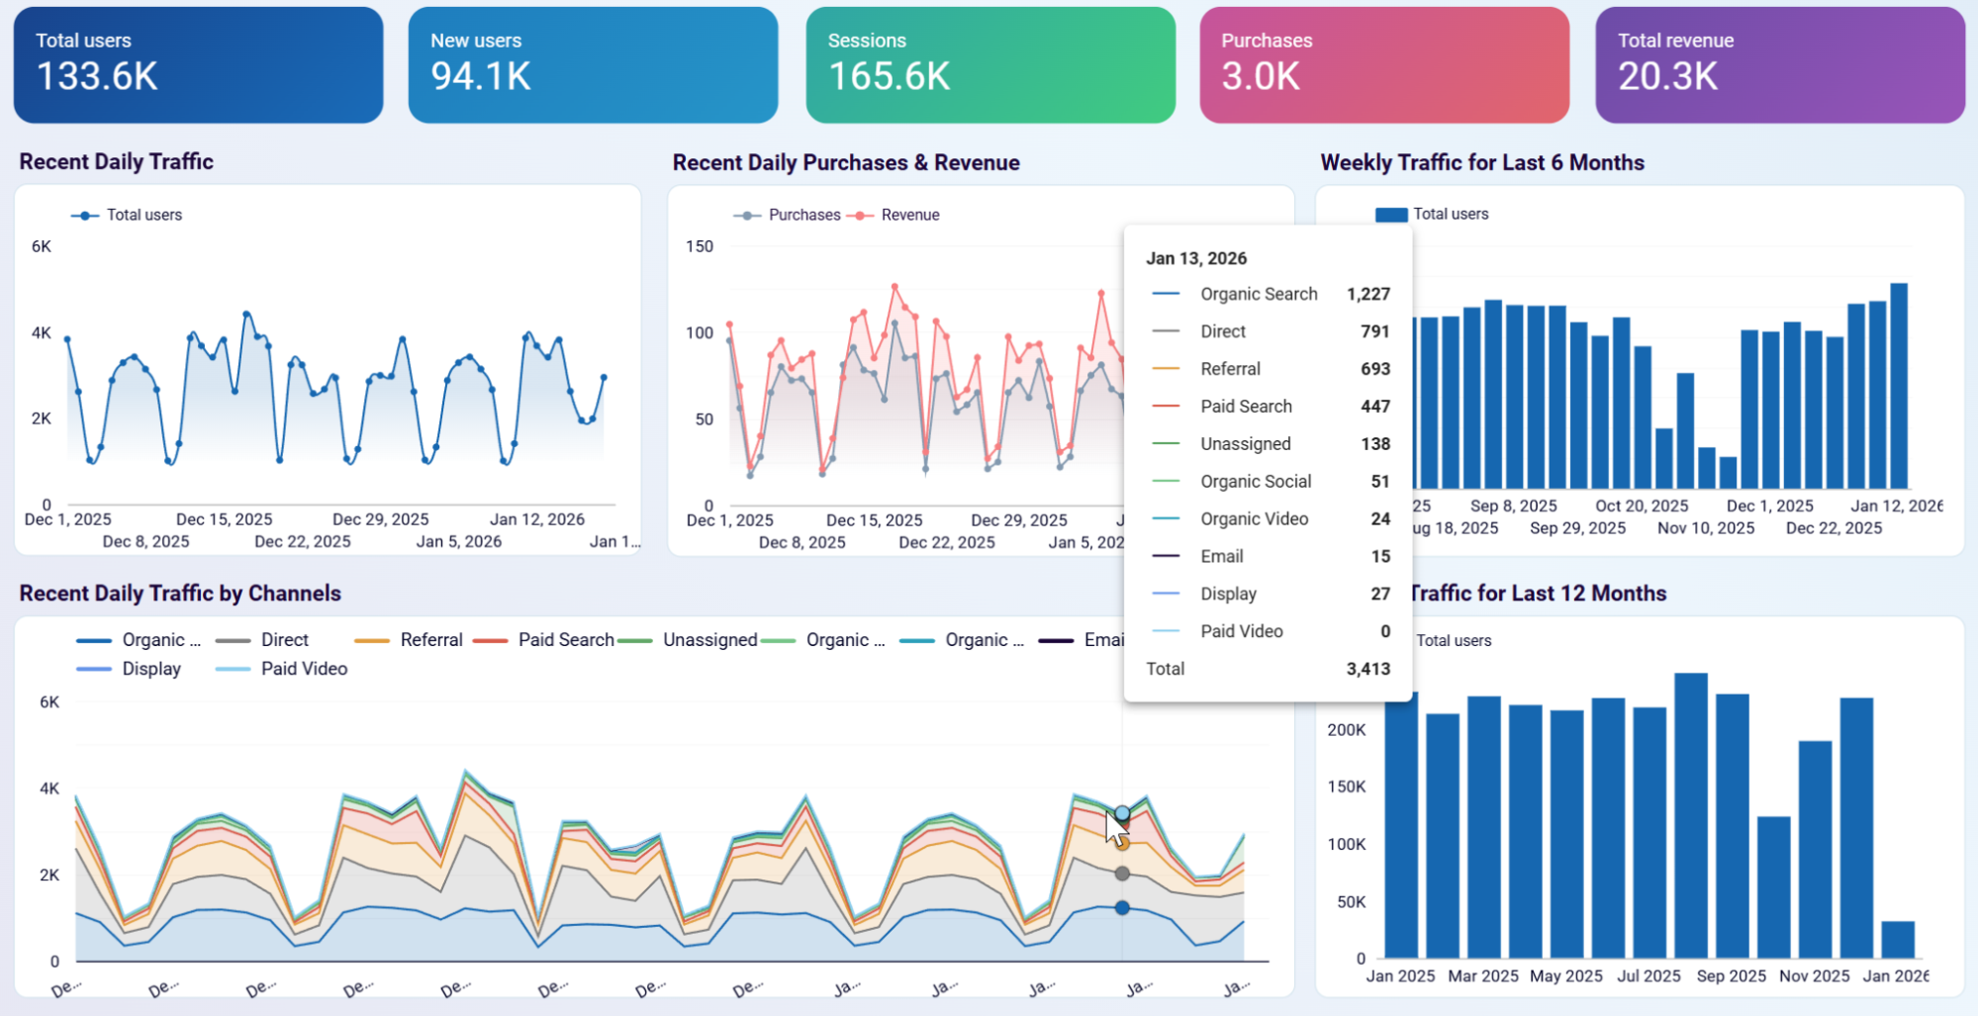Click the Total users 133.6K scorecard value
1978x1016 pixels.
97,76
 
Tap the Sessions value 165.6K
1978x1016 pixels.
889,76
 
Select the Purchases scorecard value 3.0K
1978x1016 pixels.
1260,76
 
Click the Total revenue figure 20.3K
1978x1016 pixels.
1667,76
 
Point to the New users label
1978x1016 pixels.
475,41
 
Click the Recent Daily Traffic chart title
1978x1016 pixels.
116,161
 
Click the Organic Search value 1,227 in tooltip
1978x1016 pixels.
1367,294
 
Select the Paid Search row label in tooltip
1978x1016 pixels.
1246,407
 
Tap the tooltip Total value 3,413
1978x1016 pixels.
1367,669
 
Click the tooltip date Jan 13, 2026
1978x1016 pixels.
1195,258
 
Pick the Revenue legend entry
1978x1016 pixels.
909,215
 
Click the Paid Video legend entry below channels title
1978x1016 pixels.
303,669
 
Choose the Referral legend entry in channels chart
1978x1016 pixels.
430,640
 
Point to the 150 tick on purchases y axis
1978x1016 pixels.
699,246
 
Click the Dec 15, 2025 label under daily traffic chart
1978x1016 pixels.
224,519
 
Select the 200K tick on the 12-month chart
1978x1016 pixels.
1346,730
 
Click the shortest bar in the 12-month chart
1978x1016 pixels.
1897,939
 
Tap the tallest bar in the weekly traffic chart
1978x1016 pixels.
1899,386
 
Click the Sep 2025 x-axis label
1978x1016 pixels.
1731,975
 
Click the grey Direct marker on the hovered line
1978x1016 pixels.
1121,874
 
